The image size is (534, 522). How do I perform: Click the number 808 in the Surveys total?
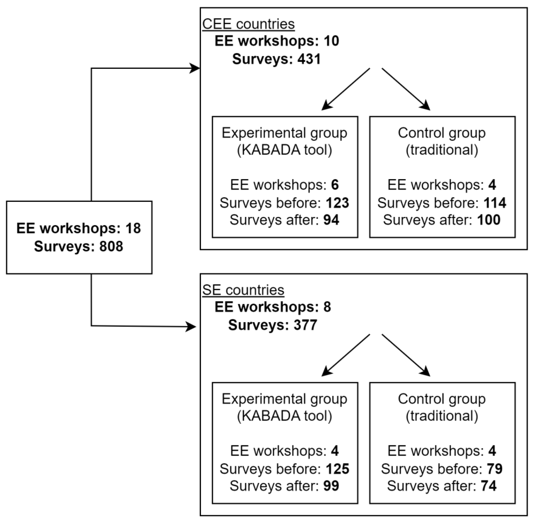111,246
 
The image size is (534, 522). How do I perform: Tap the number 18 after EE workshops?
133,228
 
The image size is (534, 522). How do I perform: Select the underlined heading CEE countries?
248,24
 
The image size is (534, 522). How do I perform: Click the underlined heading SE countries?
243,290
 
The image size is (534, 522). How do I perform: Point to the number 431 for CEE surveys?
309,59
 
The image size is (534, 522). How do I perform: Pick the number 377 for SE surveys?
305,325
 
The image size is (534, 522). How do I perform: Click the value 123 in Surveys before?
337,203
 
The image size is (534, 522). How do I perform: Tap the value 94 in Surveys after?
331,220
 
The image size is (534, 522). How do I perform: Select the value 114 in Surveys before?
495,203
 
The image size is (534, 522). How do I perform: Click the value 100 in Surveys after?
489,220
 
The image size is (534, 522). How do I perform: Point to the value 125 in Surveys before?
337,469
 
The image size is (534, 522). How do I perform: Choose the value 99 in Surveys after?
331,486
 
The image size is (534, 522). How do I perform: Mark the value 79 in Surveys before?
495,469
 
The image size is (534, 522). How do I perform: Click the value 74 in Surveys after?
488,486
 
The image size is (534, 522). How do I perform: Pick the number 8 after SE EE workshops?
327,307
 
